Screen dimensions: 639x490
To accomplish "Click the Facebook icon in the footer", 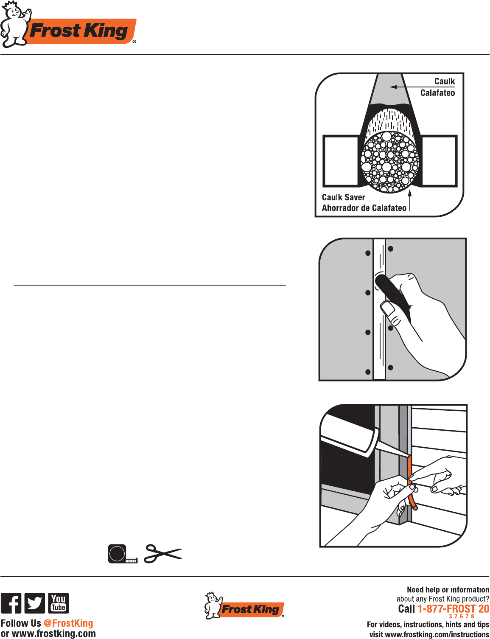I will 11,603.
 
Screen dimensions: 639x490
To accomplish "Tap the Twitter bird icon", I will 34,603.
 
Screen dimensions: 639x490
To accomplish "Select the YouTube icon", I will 58,603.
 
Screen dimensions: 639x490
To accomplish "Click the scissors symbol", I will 163,554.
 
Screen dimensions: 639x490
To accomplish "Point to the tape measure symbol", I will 122,554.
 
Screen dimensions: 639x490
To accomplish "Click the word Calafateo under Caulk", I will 437,93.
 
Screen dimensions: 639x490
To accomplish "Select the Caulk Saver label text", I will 343,197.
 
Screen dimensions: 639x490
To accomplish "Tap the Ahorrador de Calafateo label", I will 364,208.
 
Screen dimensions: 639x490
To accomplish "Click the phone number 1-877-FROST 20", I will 453,609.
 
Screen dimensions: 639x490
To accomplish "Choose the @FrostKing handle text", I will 68,623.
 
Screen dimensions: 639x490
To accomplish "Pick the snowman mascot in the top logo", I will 14,24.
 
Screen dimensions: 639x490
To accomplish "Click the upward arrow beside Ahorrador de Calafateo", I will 410,199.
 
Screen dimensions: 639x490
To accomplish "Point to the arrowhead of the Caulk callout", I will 393,87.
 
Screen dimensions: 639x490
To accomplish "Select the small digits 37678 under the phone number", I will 462,617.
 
